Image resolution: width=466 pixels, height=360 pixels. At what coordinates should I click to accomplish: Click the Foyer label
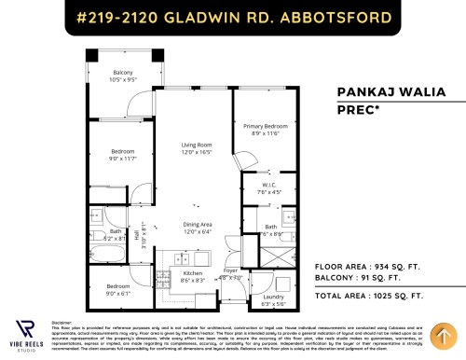(x=229, y=274)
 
